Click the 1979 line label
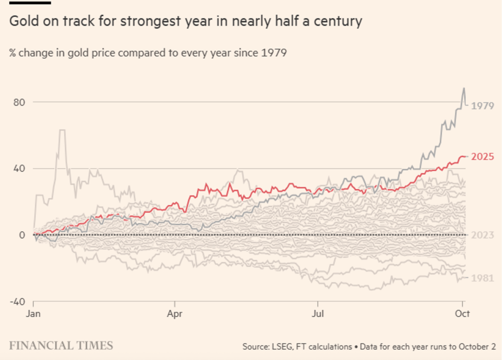482,106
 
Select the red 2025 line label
482,157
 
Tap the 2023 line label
482,235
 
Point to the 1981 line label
482,278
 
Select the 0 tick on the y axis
22,235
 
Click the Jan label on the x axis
33,313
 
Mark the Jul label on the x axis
318,313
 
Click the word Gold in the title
23,22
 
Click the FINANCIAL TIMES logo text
61,345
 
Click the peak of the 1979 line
464,89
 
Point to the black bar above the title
30,2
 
